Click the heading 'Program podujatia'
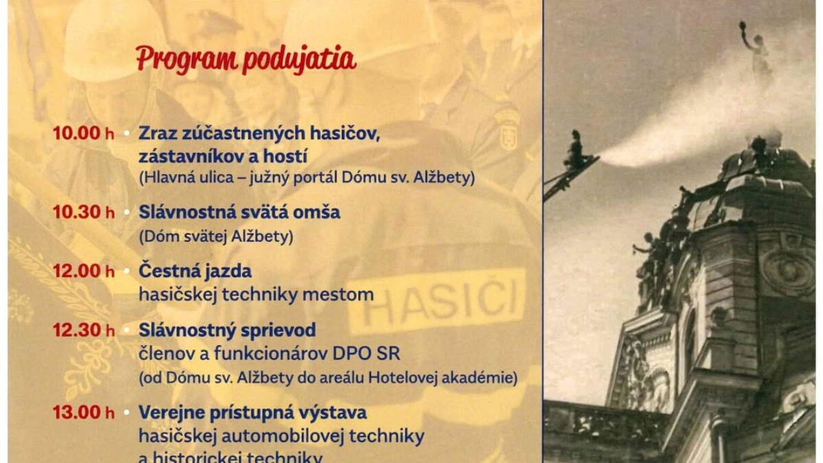click(x=246, y=60)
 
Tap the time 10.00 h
click(x=84, y=133)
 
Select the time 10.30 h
click(x=84, y=213)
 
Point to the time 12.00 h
click(x=84, y=272)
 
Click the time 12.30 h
click(x=84, y=331)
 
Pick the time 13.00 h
click(x=84, y=413)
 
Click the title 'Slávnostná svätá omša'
click(x=239, y=212)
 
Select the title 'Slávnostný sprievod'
click(x=227, y=331)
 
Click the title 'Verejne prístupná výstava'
click(x=252, y=413)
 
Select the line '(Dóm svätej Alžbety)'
click(x=215, y=237)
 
